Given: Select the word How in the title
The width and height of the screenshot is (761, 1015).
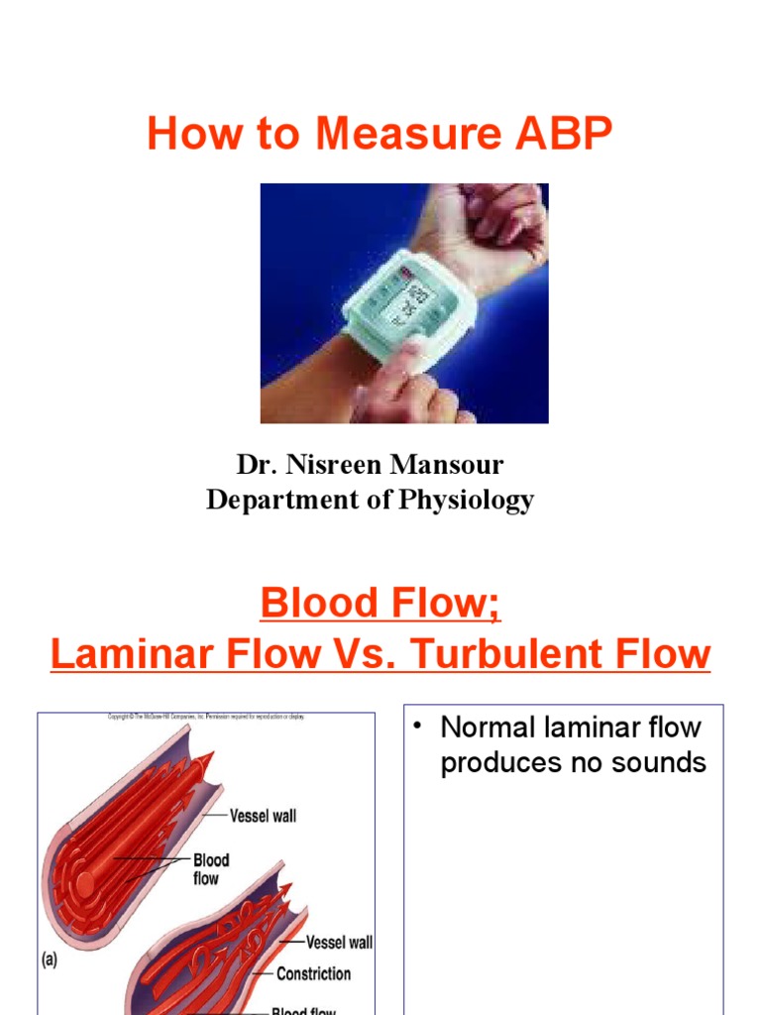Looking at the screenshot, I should click(191, 134).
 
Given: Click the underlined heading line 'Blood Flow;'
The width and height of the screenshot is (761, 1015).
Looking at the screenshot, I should click(380, 603).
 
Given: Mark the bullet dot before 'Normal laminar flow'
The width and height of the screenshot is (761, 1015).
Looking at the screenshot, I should click(420, 728).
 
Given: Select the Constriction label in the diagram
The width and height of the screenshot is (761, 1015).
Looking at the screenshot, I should click(313, 973).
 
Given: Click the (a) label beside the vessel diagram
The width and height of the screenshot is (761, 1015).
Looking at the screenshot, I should click(51, 960).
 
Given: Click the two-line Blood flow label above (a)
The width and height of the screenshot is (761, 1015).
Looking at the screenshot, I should click(211, 869).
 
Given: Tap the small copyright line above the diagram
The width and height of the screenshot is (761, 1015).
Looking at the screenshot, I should click(206, 717).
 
